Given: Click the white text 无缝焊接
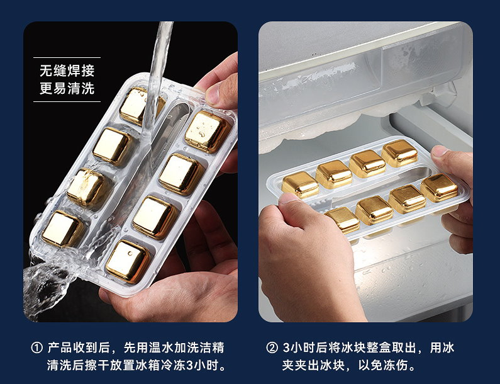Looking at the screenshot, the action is [x=67, y=71].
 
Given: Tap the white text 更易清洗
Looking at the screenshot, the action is [x=67, y=88].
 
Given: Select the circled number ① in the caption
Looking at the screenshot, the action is [x=36, y=347].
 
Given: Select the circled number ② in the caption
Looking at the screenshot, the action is [x=272, y=347].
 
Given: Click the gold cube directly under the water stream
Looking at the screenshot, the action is [x=140, y=106].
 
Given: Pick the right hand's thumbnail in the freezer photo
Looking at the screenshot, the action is [x=440, y=151].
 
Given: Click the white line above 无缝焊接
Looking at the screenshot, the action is [x=67, y=57].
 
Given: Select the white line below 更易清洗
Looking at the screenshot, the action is [x=67, y=102].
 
